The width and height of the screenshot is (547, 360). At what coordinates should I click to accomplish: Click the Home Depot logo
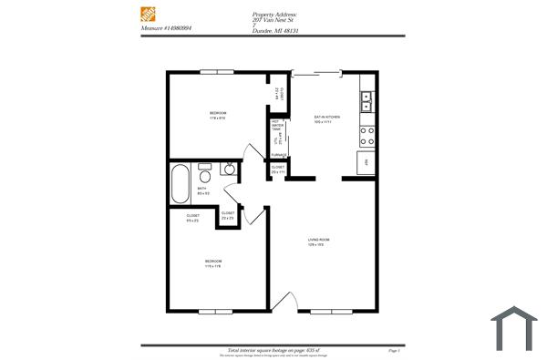tap(149, 15)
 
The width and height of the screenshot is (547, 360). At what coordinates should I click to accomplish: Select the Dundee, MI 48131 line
tap(275, 30)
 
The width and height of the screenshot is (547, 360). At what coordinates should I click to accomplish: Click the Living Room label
tap(317, 242)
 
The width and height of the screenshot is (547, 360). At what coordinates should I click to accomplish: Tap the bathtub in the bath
tap(179, 185)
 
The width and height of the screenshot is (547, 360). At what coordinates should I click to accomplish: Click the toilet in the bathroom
tap(206, 174)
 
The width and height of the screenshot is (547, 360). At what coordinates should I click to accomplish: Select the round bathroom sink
tap(229, 170)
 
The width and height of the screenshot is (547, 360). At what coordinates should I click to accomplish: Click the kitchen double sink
tap(366, 100)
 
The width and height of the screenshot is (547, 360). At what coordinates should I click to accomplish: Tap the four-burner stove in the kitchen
tap(367, 136)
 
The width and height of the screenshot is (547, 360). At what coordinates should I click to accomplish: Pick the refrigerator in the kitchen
tap(365, 162)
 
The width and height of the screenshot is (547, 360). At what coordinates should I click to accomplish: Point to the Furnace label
tap(277, 156)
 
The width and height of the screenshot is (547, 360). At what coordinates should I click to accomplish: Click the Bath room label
tap(202, 190)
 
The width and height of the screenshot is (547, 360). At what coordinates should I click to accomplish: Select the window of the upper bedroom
tap(216, 71)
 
